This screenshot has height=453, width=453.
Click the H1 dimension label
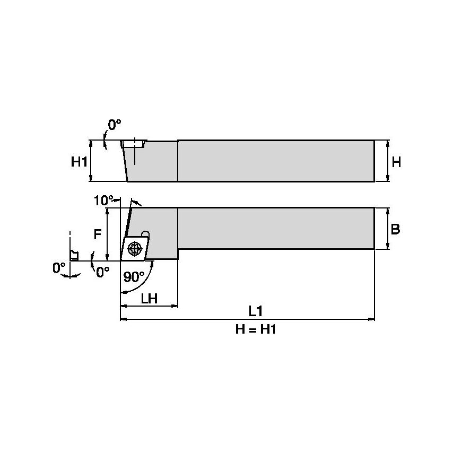pyautogui.click(x=79, y=162)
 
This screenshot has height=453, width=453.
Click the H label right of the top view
pyautogui.click(x=396, y=162)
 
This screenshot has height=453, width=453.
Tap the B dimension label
pyautogui.click(x=395, y=229)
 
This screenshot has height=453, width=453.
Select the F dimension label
pyautogui.click(x=97, y=234)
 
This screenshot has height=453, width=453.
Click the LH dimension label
pyautogui.click(x=149, y=299)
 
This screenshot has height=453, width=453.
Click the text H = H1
pyautogui.click(x=257, y=330)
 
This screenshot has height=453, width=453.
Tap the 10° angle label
pyautogui.click(x=103, y=200)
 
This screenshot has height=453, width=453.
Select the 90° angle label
pyautogui.click(x=134, y=277)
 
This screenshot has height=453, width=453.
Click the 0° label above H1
pyautogui.click(x=115, y=125)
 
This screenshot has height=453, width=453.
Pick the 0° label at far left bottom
pyautogui.click(x=59, y=268)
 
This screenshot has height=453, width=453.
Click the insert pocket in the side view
pyautogui.click(x=133, y=144)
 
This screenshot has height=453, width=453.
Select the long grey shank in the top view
pyautogui.click(x=276, y=161)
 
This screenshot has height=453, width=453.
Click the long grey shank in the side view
pyautogui.click(x=276, y=228)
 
